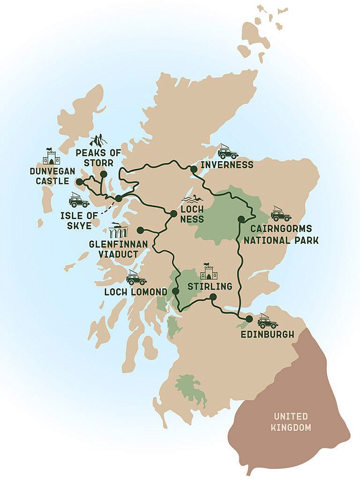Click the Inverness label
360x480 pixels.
pyautogui.click(x=227, y=165)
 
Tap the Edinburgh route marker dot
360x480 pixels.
pyautogui.click(x=248, y=319)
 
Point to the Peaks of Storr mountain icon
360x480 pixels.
pyautogui.click(x=98, y=140)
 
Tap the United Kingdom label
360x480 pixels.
pyautogui.click(x=291, y=422)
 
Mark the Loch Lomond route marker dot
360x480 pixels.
pyautogui.click(x=175, y=291)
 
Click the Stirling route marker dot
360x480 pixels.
pyautogui.click(x=213, y=297)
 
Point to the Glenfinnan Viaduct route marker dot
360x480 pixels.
pyautogui.click(x=140, y=230)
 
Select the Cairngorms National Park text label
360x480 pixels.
pyautogui.click(x=284, y=234)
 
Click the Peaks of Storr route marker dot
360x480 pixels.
pyautogui.click(x=104, y=174)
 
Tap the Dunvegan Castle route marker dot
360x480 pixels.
pyautogui.click(x=80, y=182)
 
